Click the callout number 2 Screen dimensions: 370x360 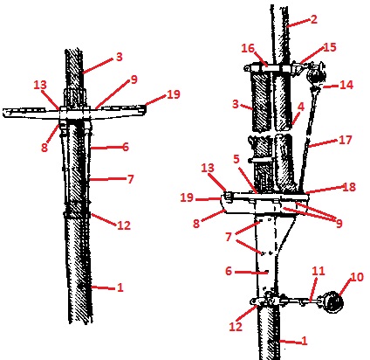click(x=313, y=19)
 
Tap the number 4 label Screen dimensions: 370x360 click(x=301, y=107)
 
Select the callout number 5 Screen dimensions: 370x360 click(x=236, y=159)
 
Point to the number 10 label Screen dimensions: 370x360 click(x=357, y=277)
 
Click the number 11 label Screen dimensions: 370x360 click(x=319, y=271)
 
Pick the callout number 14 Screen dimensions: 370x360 click(x=346, y=85)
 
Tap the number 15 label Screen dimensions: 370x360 click(x=330, y=47)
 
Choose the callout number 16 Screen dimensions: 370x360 click(x=248, y=48)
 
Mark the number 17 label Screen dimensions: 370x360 click(x=346, y=140)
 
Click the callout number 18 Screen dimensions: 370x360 click(x=349, y=187)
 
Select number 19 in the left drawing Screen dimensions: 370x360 click(x=174, y=94)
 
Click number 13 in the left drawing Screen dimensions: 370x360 click(x=40, y=85)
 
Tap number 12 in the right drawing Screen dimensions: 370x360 click(x=236, y=327)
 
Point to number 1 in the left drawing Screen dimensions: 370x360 click(x=120, y=287)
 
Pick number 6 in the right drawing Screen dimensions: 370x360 click(x=229, y=271)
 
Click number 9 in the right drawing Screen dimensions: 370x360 click(x=339, y=224)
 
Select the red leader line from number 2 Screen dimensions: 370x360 click(x=298, y=23)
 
